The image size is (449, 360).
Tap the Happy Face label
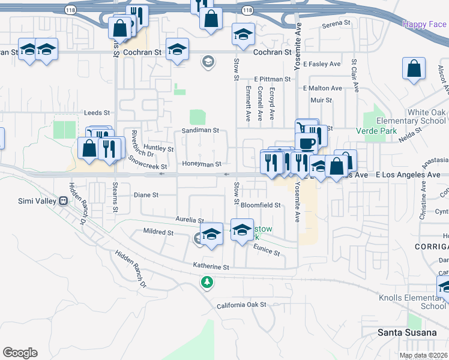click(424, 24)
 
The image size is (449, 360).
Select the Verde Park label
click(377, 130)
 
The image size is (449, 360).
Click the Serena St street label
click(336, 23)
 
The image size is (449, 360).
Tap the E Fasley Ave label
click(322, 64)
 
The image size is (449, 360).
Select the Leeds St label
click(97, 112)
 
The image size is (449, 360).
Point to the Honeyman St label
click(202, 164)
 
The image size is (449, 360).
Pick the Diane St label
click(146, 195)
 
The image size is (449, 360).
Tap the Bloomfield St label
click(261, 205)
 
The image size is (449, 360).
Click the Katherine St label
click(211, 265)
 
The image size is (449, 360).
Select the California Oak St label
click(241, 305)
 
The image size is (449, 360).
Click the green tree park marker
click(207, 281)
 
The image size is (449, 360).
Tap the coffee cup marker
click(306, 143)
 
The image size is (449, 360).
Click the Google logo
click(20, 353)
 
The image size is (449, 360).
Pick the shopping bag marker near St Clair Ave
click(414, 70)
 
